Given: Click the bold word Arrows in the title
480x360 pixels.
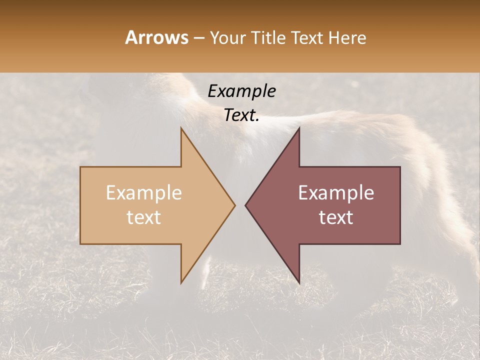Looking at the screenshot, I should (156, 37).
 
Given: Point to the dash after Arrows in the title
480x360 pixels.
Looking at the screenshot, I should (198, 38).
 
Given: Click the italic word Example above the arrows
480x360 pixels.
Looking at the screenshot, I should (241, 91).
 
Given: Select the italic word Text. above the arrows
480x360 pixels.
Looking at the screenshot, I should (241, 115).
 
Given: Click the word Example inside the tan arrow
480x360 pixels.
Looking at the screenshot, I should (144, 193).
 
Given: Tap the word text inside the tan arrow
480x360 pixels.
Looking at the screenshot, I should (144, 217).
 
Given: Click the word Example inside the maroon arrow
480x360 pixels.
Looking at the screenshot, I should (336, 193).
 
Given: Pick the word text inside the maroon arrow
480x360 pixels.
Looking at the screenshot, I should (336, 217).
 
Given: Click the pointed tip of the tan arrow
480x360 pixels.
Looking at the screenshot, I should (235, 205).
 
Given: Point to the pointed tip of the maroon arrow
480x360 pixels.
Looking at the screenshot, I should (245, 205).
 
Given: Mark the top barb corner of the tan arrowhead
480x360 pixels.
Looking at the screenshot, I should (181, 128).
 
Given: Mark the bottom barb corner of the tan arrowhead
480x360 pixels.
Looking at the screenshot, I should (181, 283).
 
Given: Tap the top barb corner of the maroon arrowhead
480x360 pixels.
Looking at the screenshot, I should (299, 128).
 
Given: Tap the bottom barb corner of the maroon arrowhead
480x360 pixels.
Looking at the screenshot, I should (299, 283).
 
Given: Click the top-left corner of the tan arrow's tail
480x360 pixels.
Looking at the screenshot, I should (80, 167).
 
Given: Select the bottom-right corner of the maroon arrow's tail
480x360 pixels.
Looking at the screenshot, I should (400, 244).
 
